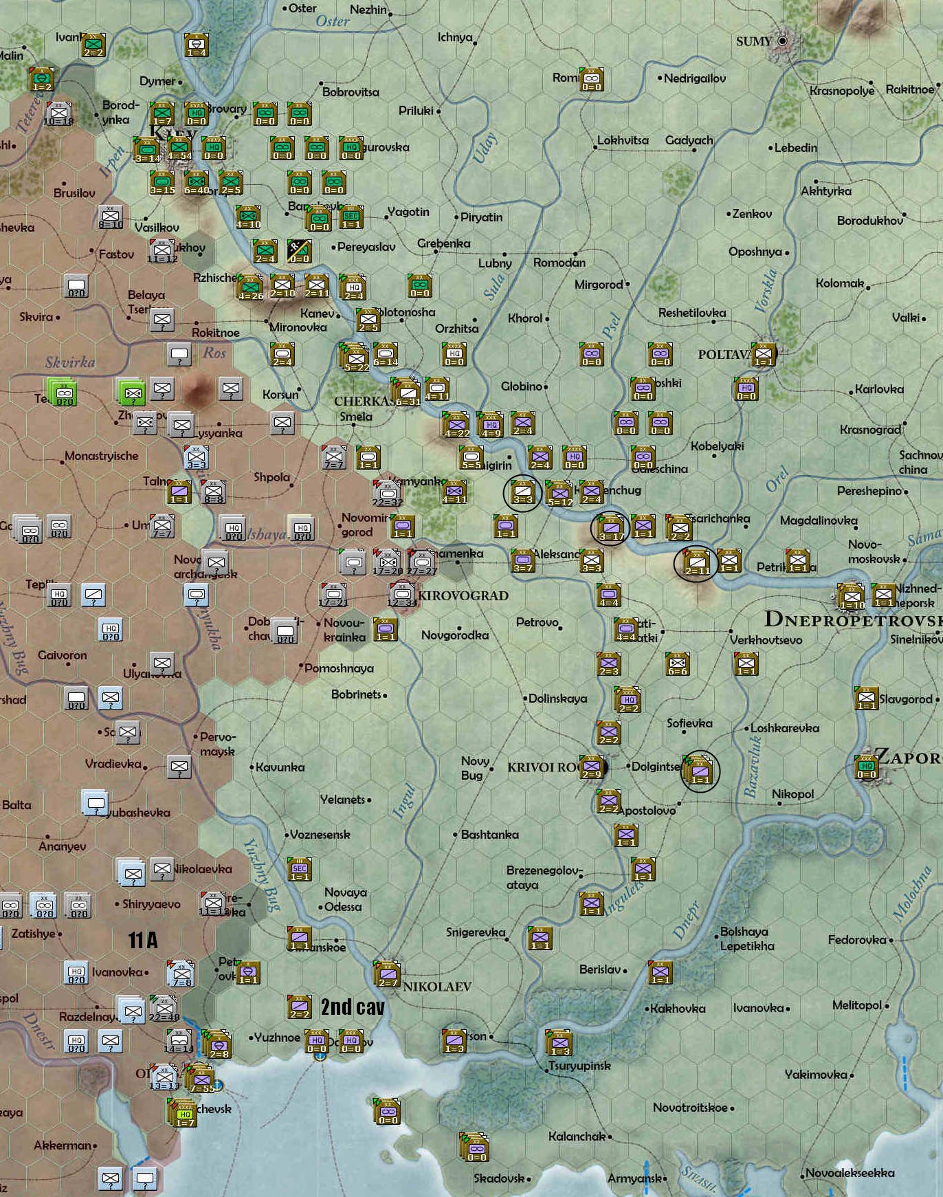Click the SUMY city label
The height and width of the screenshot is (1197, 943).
point(754,41)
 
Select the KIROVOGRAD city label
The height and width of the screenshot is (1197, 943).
point(463,595)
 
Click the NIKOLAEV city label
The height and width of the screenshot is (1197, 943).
point(437,987)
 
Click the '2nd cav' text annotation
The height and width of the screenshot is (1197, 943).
point(353,1007)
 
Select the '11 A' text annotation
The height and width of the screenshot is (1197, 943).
point(143,940)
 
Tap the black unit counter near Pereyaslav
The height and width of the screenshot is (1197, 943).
point(300,252)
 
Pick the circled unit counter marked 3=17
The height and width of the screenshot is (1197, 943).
point(610,529)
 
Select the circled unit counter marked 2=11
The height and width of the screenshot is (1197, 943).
point(696,563)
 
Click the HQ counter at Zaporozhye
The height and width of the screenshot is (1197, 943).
point(867,767)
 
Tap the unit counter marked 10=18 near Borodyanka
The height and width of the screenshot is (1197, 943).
point(59,114)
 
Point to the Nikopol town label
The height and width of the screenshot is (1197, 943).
point(792,794)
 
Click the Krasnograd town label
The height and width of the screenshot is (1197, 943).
point(869,430)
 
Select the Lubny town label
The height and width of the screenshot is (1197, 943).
point(495,263)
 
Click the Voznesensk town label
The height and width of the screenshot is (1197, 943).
point(320,835)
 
